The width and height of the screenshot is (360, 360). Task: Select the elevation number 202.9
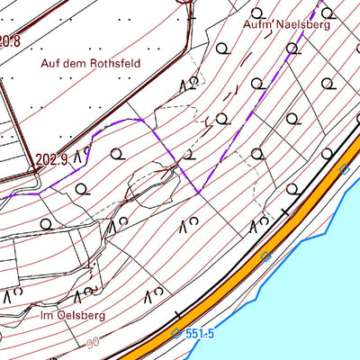(52, 160)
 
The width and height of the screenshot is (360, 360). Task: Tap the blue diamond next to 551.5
(175, 334)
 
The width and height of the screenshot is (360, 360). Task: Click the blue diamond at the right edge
(344, 169)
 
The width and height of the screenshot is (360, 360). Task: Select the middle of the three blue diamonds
(265, 256)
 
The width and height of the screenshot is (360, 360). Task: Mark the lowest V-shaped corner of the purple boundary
(198, 191)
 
